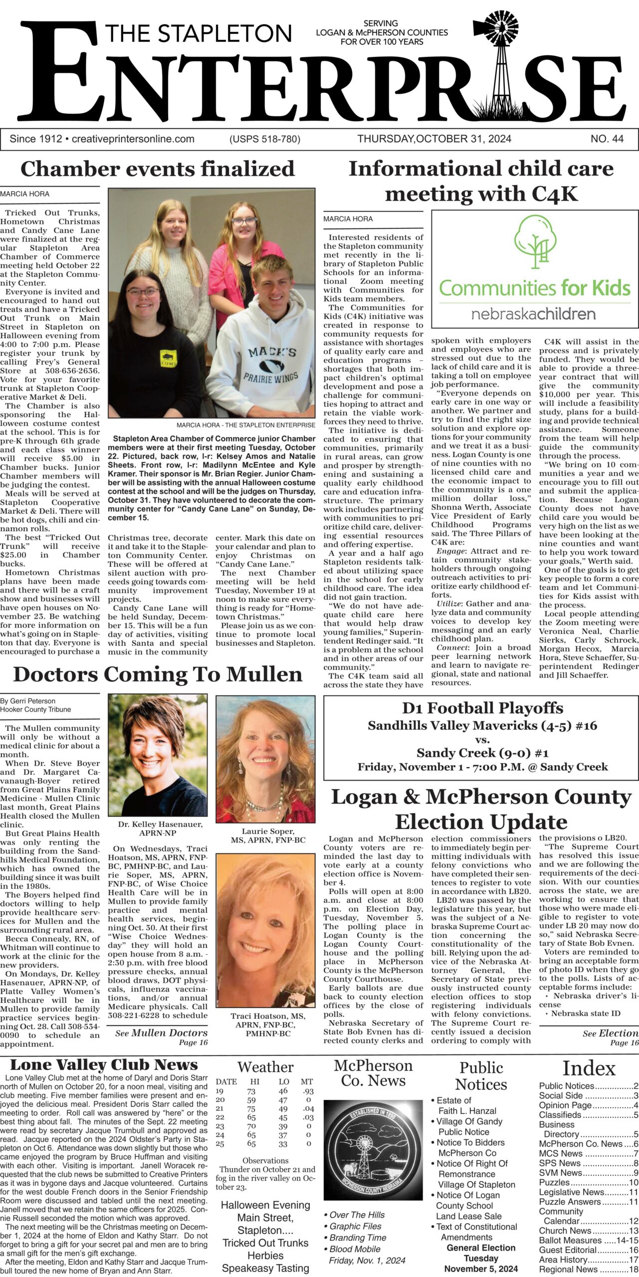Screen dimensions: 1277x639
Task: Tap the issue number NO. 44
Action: (607, 139)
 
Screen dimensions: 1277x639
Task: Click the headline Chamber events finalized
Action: (158, 169)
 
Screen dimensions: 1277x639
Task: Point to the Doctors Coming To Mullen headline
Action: (158, 674)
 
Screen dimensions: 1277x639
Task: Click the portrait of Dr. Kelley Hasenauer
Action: (158, 755)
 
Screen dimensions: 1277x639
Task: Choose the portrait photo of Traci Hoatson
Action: (265, 923)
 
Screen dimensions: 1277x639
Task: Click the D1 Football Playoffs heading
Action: (482, 708)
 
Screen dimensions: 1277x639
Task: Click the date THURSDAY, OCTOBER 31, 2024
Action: (434, 139)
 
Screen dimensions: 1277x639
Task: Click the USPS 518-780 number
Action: (265, 139)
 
